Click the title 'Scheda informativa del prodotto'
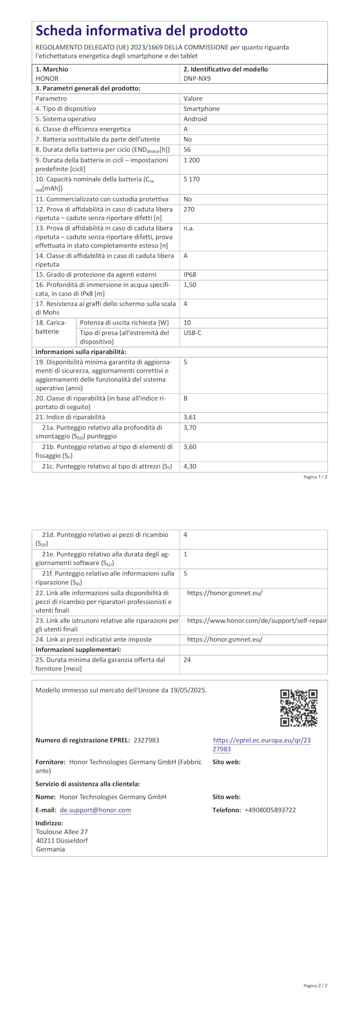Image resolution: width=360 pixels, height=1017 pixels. (141, 31)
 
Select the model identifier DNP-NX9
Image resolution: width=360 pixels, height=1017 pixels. (197, 78)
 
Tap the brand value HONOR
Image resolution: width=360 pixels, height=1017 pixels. (47, 78)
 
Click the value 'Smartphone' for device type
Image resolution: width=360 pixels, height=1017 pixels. (201, 108)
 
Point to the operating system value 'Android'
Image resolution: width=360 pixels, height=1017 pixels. (195, 119)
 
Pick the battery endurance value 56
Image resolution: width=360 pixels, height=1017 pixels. (187, 149)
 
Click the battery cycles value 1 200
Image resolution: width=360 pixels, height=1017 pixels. (192, 160)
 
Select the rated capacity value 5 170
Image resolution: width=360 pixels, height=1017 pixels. (192, 179)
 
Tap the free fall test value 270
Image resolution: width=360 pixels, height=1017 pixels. (189, 209)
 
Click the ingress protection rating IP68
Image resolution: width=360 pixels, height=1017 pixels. (190, 275)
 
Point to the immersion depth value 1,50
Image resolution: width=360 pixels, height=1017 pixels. (190, 285)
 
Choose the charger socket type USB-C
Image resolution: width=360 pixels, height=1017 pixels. (192, 333)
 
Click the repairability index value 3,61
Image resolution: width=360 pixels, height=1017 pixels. (190, 417)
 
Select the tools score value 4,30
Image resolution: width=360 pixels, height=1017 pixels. (190, 466)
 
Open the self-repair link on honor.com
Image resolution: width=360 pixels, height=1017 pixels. (257, 621)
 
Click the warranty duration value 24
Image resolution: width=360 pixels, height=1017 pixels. (187, 660)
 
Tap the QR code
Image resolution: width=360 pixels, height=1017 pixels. (299, 708)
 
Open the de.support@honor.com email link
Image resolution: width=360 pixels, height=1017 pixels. (95, 810)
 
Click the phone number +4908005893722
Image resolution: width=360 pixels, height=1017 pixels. (270, 810)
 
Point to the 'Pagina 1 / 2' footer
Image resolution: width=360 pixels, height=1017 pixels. (315, 477)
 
